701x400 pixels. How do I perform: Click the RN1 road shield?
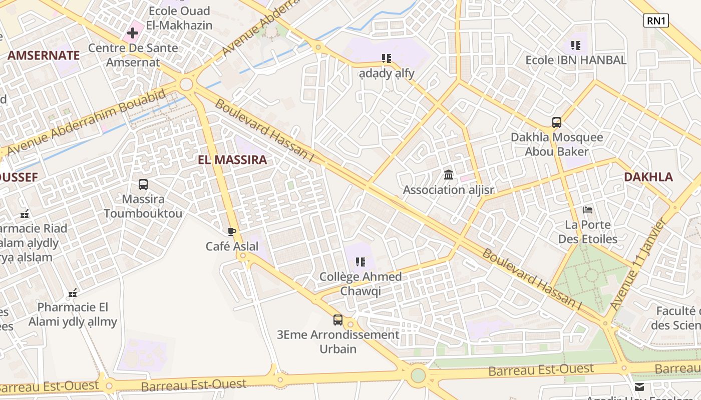tap(655, 20)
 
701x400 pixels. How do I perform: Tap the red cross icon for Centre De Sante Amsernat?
tap(133, 33)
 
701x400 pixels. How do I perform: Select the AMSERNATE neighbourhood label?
tap(44, 55)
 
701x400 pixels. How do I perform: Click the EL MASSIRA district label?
tap(232, 160)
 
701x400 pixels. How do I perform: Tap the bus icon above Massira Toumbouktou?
tap(143, 184)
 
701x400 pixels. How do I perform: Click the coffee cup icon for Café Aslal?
tap(232, 231)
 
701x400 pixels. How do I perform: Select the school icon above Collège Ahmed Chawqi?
tap(360, 261)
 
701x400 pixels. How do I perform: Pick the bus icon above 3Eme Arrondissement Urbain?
tap(338, 320)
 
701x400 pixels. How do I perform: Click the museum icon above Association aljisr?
tap(449, 175)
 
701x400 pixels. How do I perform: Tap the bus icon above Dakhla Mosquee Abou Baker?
tap(556, 122)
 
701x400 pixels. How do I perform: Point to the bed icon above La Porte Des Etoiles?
tap(588, 210)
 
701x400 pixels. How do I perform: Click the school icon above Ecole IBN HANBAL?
tap(576, 45)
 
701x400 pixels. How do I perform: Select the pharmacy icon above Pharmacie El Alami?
tap(73, 292)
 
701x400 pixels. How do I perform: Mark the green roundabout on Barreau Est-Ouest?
tap(418, 375)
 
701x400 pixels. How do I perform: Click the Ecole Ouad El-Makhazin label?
tap(179, 18)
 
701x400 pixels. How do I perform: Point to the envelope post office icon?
tap(639, 386)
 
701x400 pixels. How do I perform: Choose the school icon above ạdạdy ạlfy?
tap(386, 58)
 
